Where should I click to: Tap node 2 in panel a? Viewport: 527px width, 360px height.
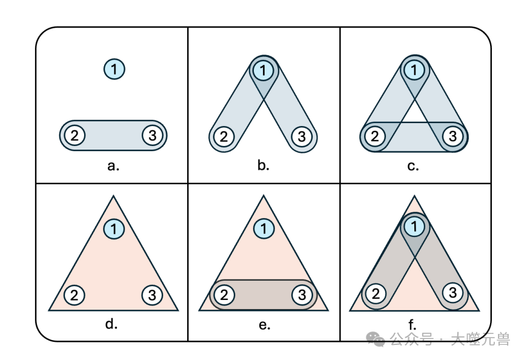pyautogui.click(x=75, y=135)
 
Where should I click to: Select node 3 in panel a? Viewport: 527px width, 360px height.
pyautogui.click(x=152, y=135)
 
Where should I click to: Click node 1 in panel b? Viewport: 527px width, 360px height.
pyautogui.click(x=262, y=70)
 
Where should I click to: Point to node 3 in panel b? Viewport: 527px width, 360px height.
pyautogui.click(x=301, y=136)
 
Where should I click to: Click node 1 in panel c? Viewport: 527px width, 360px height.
pyautogui.click(x=414, y=70)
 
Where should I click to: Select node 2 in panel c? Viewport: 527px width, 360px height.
pyautogui.click(x=375, y=136)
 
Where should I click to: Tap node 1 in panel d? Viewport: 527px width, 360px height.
pyautogui.click(x=113, y=229)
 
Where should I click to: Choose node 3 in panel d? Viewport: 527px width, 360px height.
pyautogui.click(x=152, y=295)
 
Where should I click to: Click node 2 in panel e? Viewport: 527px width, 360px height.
pyautogui.click(x=224, y=295)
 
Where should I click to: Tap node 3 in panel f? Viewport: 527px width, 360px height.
pyautogui.click(x=452, y=293)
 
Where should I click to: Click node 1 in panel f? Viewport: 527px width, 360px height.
pyautogui.click(x=414, y=227)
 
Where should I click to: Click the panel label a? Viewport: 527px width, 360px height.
pyautogui.click(x=113, y=165)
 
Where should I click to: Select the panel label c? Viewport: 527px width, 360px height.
pyautogui.click(x=413, y=165)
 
